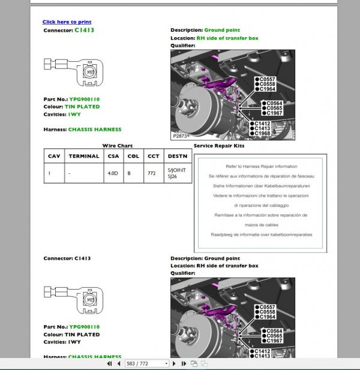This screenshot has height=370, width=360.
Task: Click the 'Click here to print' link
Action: coord(66,22)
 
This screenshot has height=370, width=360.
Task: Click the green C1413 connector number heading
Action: coord(84,29)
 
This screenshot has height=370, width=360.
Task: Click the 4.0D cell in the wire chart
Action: coord(112,172)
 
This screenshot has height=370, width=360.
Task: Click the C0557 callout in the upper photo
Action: coord(266,79)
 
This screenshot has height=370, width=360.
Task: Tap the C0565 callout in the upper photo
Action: coord(273,108)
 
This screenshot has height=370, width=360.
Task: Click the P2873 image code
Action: coord(179,137)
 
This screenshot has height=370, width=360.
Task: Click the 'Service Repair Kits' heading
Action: coord(219,146)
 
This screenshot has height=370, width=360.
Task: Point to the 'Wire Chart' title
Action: coord(117,146)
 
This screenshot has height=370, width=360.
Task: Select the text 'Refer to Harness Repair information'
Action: coord(261,166)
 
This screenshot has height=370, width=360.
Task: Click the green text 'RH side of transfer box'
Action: coord(227,38)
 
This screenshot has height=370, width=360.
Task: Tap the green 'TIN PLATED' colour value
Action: coord(84,107)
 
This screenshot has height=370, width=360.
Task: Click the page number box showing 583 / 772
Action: coord(146,363)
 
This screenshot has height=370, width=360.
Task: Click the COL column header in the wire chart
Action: coord(133,156)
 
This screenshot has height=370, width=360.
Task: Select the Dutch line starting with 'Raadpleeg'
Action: coord(261,234)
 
